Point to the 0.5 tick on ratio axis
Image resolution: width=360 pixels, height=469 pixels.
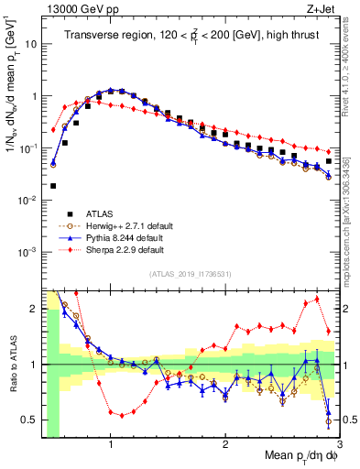point(29,420)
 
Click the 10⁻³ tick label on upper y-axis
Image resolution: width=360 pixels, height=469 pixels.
point(27,251)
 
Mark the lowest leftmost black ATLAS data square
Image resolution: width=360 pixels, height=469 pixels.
point(53,186)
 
